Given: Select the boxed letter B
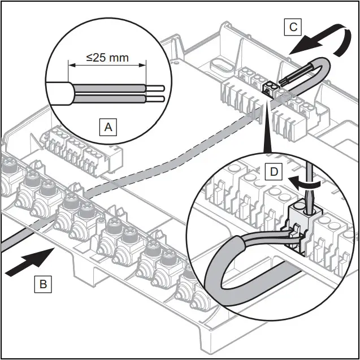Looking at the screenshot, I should pyautogui.click(x=42, y=284).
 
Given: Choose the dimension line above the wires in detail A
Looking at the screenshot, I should pyautogui.click(x=107, y=66).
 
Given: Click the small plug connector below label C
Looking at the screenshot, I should pyautogui.click(x=270, y=87).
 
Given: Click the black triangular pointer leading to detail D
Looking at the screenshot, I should pyautogui.click(x=264, y=130).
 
